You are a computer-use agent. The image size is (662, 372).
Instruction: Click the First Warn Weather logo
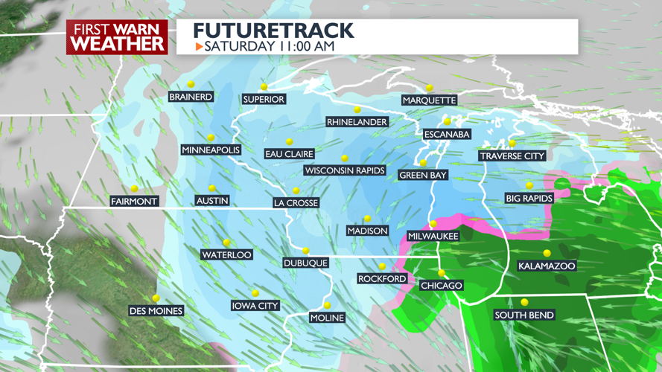(118, 37)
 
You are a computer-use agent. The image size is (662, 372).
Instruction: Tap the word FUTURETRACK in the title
(273, 31)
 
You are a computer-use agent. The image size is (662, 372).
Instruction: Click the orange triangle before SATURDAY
(199, 47)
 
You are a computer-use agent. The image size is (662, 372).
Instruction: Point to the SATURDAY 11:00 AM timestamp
(269, 46)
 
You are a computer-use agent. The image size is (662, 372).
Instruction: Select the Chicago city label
(442, 286)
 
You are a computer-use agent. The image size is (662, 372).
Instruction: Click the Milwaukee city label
(433, 236)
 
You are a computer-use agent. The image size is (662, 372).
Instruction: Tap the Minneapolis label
(211, 150)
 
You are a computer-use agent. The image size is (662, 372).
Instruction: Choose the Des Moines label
(156, 310)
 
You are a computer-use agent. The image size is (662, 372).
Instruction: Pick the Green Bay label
(423, 176)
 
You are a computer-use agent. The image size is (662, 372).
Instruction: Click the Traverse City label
(512, 156)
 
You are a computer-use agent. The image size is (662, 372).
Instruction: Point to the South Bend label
(524, 315)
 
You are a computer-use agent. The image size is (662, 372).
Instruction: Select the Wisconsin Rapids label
(345, 170)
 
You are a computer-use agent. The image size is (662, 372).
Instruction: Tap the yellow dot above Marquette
(430, 88)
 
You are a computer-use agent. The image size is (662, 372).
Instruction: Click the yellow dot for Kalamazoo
(547, 254)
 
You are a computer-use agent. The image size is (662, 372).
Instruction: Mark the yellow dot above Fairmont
(134, 189)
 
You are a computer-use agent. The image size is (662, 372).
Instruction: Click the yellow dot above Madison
(367, 219)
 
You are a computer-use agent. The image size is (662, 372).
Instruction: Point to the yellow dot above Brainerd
(191, 84)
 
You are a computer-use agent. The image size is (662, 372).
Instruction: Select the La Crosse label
(296, 202)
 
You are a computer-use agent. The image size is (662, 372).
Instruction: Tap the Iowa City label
(255, 306)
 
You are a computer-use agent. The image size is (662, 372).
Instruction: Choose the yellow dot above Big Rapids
(529, 186)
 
